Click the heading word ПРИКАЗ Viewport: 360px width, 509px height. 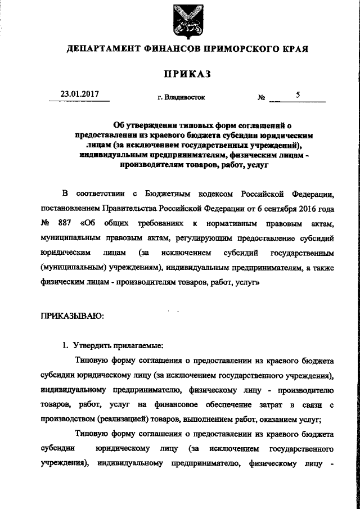pos(187,74)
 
